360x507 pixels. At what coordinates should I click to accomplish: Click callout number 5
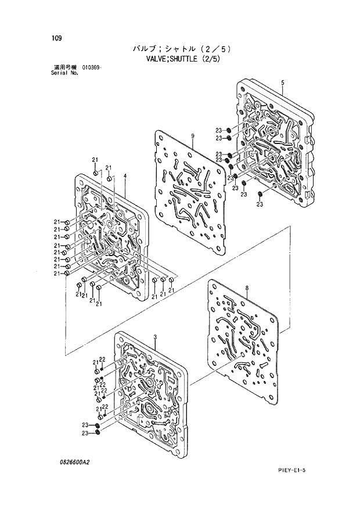point(282,82)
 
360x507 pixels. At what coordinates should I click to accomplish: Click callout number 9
point(192,136)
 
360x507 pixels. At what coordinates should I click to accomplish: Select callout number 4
point(125,176)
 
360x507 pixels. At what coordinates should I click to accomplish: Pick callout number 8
point(247,287)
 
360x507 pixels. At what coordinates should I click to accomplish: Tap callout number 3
point(156,337)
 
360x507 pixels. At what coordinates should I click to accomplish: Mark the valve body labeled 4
point(110,232)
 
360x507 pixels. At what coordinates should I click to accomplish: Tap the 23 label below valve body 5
point(260,204)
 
